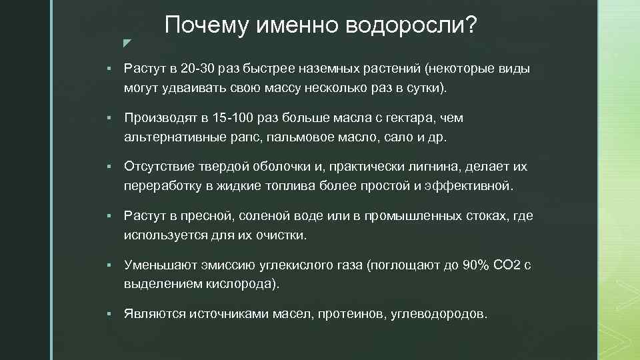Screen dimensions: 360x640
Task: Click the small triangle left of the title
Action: [127, 43]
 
